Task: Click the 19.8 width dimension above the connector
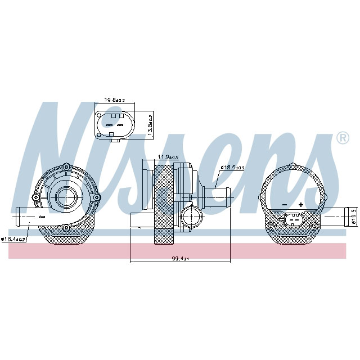tap(114, 100)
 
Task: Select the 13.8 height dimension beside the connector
tap(150, 123)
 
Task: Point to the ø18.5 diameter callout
tap(232, 167)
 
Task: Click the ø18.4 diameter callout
tap(13, 239)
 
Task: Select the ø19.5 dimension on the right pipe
tap(353, 217)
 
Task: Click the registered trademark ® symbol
tap(341, 137)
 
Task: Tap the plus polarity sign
tap(301, 205)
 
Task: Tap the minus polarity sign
tap(285, 205)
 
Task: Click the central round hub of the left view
tap(66, 196)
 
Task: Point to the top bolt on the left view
tap(66, 167)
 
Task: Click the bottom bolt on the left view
tap(66, 227)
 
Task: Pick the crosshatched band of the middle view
tap(165, 205)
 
